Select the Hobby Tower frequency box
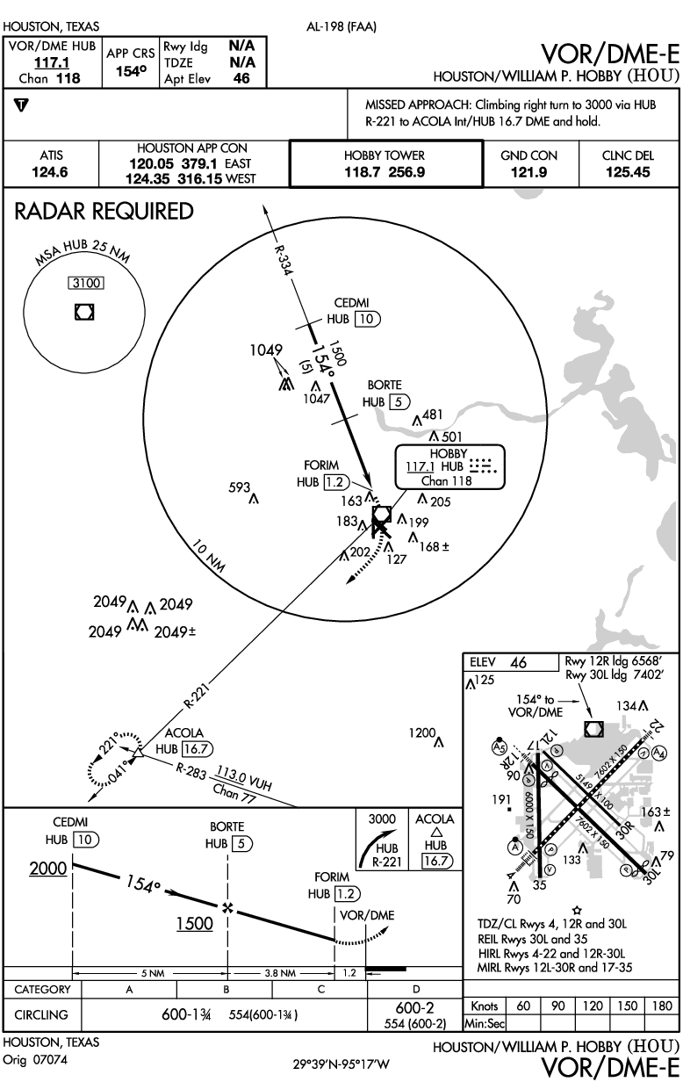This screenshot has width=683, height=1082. [385, 164]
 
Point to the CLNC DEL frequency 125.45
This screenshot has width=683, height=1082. [628, 172]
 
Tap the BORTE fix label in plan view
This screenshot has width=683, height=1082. [385, 386]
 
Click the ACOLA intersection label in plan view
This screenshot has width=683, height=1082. [184, 733]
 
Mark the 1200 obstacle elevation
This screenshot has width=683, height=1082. [422, 732]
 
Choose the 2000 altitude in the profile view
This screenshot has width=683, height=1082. [47, 868]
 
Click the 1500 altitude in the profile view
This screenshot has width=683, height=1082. [195, 923]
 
